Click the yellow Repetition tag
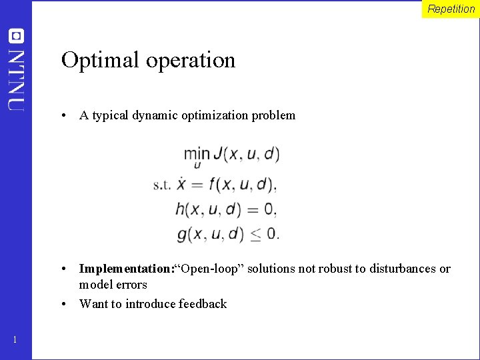point(451,9)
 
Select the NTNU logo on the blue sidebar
point(16,70)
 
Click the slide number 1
point(15,341)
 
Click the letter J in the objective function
point(219,155)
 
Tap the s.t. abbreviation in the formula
point(162,184)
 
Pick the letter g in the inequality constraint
point(183,235)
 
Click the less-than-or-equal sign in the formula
point(256,234)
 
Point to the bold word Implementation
point(125,269)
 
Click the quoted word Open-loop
point(211,269)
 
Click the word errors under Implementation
point(131,285)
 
